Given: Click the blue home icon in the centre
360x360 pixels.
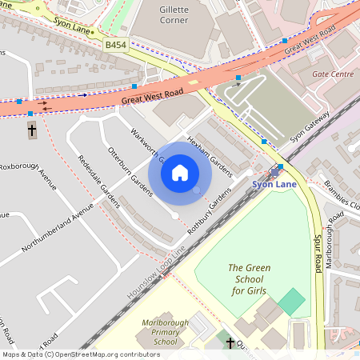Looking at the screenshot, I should point(180,173).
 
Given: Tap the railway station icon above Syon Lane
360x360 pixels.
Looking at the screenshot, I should point(274,170).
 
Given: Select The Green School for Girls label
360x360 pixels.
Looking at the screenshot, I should point(252,279).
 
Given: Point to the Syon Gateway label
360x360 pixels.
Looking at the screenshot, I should point(310,126).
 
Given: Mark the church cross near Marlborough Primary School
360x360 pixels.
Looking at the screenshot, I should point(230,343).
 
